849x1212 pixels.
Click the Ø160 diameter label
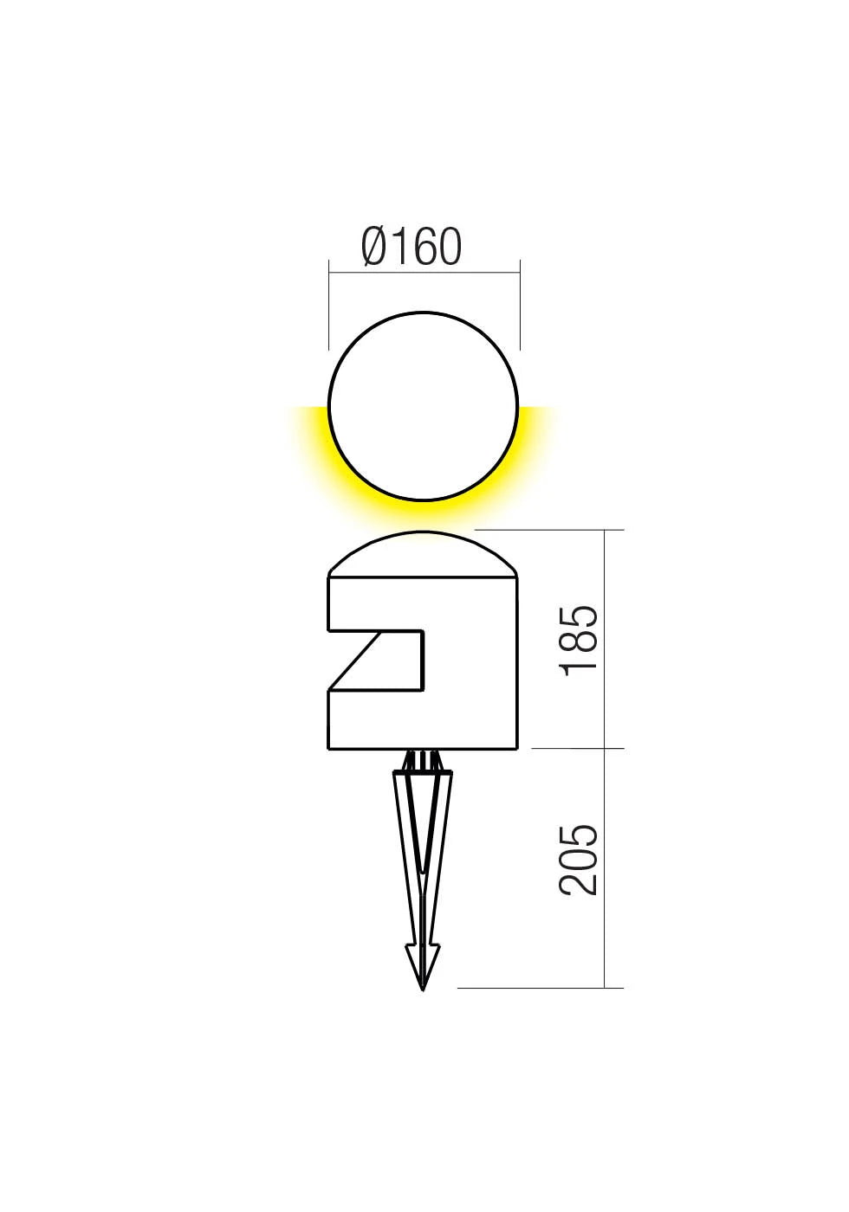pyautogui.click(x=412, y=247)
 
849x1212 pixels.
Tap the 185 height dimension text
pyautogui.click(x=579, y=640)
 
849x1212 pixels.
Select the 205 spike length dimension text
pyautogui.click(x=579, y=860)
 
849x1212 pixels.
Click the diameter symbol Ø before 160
pyautogui.click(x=373, y=247)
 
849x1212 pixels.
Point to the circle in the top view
pyautogui.click(x=424, y=406)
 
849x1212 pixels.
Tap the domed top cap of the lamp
pyautogui.click(x=423, y=554)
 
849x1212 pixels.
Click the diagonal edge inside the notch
pyautogui.click(x=353, y=661)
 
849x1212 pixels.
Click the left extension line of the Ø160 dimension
pyautogui.click(x=329, y=303)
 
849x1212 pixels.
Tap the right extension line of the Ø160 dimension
pyautogui.click(x=520, y=303)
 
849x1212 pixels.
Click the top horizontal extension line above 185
pyautogui.click(x=554, y=530)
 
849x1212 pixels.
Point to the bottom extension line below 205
pyautogui.click(x=537, y=987)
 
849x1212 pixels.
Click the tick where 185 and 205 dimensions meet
pyautogui.click(x=604, y=748)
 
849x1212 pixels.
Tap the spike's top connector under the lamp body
pyautogui.click(x=423, y=760)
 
